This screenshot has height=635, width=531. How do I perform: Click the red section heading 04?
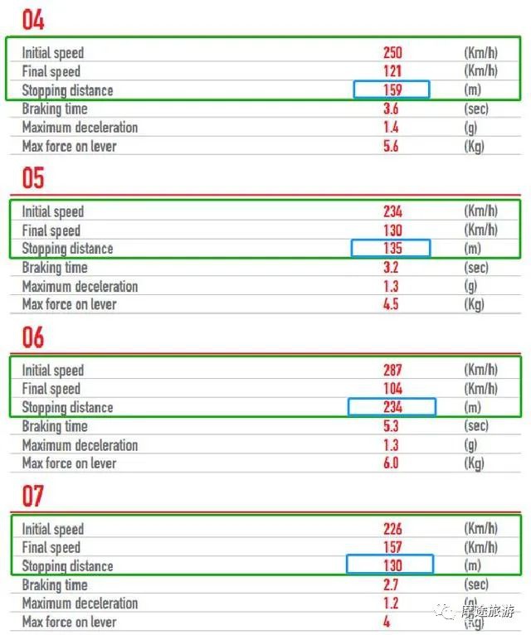tap(33, 19)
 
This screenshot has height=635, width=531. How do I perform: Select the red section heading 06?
tap(33, 337)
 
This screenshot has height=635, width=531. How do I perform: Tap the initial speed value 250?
tap(392, 52)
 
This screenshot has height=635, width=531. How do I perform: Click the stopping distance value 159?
tap(392, 90)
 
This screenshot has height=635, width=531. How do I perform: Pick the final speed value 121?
tap(392, 71)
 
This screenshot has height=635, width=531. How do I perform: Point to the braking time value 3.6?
tap(392, 109)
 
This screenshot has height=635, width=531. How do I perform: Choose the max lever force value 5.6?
tap(392, 146)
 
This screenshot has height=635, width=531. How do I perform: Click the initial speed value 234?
tap(392, 211)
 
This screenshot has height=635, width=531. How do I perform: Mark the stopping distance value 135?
tap(392, 248)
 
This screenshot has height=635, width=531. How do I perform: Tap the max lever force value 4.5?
tap(392, 304)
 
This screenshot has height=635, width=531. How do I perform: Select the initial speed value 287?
tap(392, 370)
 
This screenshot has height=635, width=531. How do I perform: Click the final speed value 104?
tap(392, 389)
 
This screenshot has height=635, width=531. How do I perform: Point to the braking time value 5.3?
tap(392, 426)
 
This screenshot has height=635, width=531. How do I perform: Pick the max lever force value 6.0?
tap(392, 463)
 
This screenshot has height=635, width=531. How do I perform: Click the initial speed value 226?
tap(392, 529)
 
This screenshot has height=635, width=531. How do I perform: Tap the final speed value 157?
tap(392, 547)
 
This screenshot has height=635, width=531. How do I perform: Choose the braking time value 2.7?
tap(392, 584)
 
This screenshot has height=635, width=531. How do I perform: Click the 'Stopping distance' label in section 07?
tap(67, 566)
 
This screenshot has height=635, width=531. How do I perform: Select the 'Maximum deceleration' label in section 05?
tap(80, 286)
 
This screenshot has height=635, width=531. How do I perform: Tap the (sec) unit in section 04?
tap(476, 109)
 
